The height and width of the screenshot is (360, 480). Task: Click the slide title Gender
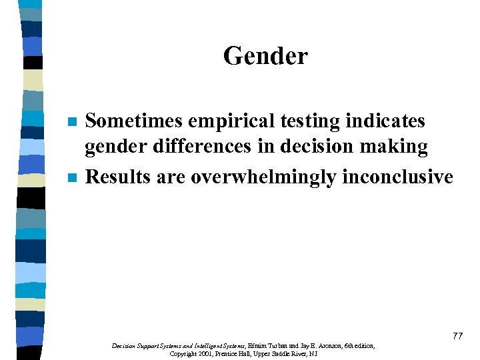pos(265,55)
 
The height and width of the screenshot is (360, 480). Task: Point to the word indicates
pos(383,121)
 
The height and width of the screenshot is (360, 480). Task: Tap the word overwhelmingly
pos(264,178)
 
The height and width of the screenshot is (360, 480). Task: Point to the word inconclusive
pos(397,177)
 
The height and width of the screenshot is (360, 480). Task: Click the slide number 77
pos(457,336)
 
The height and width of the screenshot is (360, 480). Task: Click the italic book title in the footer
pos(178,346)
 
